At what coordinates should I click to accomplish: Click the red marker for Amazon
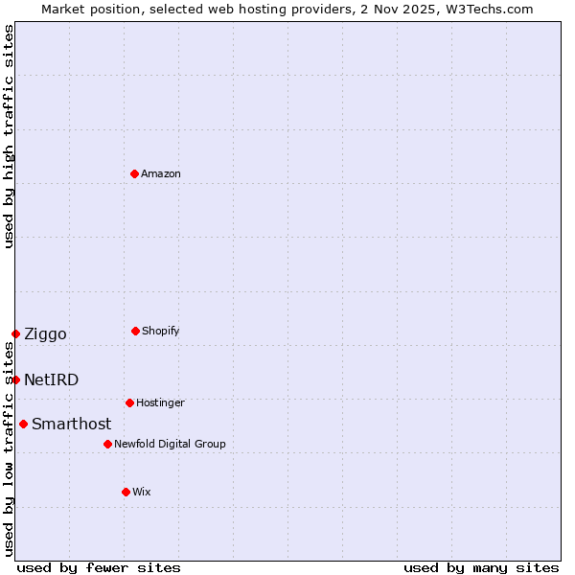(134, 173)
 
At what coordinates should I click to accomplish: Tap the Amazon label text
(161, 174)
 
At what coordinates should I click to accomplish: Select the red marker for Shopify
(135, 331)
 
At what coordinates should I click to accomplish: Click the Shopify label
(161, 332)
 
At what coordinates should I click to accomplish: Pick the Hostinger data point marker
(129, 402)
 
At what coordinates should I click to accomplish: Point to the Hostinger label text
(160, 403)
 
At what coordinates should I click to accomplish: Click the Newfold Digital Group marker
(107, 444)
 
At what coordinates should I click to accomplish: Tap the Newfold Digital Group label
(170, 445)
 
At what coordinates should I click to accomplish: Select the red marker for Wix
(126, 492)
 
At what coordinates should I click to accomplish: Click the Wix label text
(142, 493)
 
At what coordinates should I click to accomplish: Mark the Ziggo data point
(15, 333)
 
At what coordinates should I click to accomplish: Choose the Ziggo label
(45, 334)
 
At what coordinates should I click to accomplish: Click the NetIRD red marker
(15, 379)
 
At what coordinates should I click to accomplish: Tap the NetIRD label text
(51, 380)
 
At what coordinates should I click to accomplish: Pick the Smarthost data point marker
(23, 424)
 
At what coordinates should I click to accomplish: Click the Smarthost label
(71, 425)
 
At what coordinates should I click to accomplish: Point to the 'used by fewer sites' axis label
(99, 567)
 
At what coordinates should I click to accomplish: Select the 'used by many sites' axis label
(481, 567)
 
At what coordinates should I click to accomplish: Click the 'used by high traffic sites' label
(9, 136)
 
